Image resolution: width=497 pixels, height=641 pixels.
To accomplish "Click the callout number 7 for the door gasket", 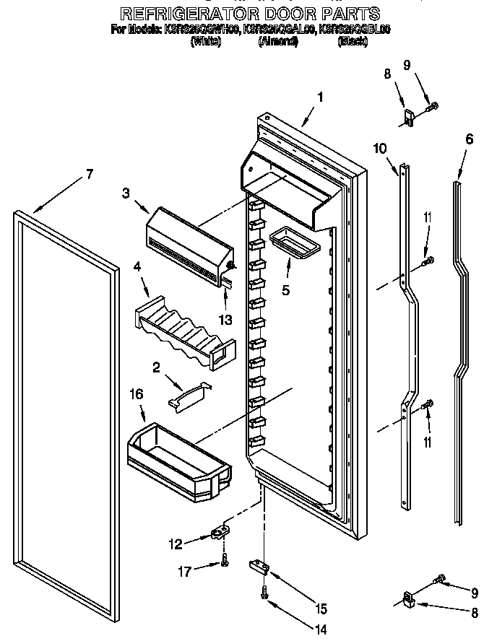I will (90, 173).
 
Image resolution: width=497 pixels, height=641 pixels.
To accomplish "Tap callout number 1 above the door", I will (320, 97).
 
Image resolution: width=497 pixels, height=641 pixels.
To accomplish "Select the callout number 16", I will (136, 394).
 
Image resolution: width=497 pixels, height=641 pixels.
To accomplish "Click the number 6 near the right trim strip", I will (470, 139).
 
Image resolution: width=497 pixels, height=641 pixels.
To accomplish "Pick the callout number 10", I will (380, 149).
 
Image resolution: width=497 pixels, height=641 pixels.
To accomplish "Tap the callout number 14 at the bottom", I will (321, 628).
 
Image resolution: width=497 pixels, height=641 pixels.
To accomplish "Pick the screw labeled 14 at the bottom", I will (264, 594).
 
